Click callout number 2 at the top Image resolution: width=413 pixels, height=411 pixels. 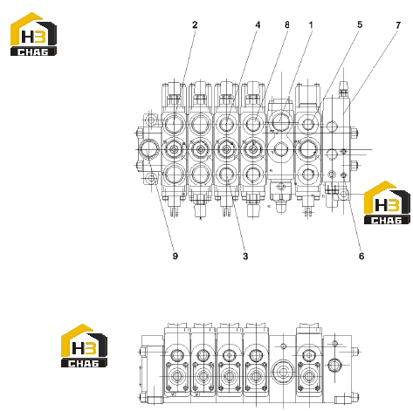pos(195,25)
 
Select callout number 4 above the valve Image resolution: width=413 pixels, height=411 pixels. pos(258,25)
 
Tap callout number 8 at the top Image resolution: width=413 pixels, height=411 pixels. pos(287,25)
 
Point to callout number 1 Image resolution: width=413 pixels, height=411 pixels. pos(311,25)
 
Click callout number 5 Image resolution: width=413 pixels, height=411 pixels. pos(360,24)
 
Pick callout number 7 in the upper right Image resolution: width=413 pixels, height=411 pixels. pos(398,25)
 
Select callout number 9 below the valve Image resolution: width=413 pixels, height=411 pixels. pos(175,256)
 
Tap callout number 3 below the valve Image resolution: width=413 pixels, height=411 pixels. pos(245,257)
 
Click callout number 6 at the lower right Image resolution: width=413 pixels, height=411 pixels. pos(361,256)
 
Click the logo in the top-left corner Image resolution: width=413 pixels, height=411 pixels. pos(33,34)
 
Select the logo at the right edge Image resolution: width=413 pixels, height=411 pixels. pos(387,202)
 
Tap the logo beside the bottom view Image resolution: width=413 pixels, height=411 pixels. pos(84,346)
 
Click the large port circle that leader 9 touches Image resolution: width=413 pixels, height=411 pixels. pos(148,149)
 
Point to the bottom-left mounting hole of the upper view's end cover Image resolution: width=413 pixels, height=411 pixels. pos(151,177)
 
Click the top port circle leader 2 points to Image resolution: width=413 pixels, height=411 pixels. pos(174,124)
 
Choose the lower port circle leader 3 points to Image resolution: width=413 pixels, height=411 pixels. pos(227,175)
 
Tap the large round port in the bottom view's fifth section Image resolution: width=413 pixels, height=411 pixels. pos(282,372)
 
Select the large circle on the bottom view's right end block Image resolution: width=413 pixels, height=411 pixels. pos(334,365)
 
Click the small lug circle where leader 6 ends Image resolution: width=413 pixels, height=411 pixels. pos(344,194)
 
